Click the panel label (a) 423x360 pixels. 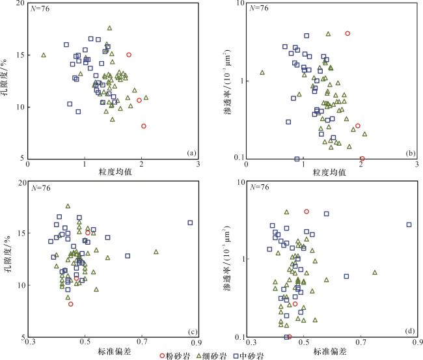(191, 153)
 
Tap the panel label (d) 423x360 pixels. (409, 331)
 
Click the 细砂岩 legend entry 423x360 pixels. (213, 355)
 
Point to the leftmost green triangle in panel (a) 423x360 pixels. (44, 55)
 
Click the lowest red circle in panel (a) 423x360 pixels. (144, 126)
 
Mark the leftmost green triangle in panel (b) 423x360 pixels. (262, 73)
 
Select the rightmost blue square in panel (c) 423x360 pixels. (191, 223)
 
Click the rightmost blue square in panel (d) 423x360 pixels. (409, 225)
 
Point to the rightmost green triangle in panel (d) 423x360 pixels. (375, 272)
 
